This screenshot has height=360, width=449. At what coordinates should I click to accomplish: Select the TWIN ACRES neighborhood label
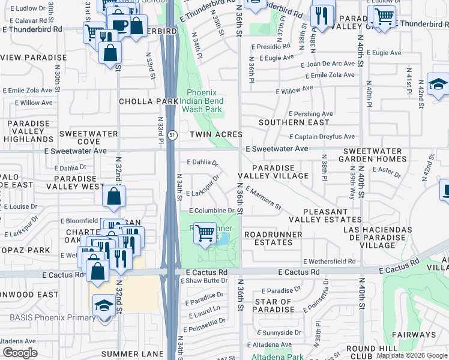[216, 135]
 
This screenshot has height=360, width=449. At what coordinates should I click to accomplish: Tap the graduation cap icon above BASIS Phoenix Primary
[104, 306]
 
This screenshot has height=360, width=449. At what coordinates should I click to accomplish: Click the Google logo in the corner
[20, 353]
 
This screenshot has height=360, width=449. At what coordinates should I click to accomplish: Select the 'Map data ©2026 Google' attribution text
[412, 355]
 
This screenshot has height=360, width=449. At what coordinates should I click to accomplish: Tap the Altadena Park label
[277, 356]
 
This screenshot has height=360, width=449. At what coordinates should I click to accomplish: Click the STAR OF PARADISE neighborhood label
[274, 306]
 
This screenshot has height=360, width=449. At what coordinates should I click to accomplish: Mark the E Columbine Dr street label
[212, 211]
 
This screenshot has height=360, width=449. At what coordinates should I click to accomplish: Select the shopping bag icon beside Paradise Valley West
[113, 196]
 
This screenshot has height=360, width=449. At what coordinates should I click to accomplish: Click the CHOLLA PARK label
[149, 101]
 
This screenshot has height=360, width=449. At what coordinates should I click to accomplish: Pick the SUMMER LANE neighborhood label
[132, 354]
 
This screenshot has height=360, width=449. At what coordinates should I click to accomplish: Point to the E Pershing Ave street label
[310, 113]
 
